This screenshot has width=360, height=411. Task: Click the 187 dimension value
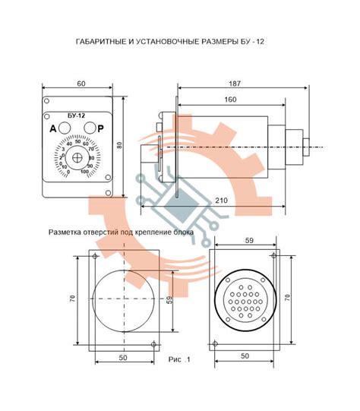click(x=234, y=84)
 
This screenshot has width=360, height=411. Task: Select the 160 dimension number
click(x=230, y=100)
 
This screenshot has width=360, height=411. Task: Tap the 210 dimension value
click(x=222, y=201)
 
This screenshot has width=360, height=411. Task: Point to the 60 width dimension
click(x=81, y=84)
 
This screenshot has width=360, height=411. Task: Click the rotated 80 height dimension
click(x=119, y=145)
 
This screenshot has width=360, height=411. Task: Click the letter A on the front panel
click(x=53, y=128)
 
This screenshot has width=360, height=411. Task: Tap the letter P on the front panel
click(x=100, y=128)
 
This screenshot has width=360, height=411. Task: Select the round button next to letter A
click(x=65, y=128)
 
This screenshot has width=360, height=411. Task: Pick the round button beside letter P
click(x=90, y=128)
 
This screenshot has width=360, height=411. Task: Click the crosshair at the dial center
click(x=77, y=157)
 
